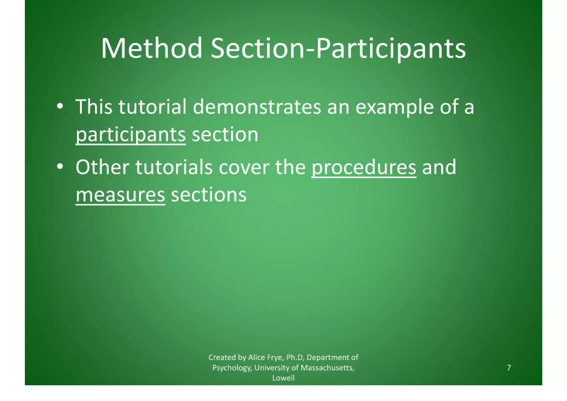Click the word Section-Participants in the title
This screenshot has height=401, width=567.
click(x=338, y=49)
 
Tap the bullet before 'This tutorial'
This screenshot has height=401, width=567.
click(x=59, y=107)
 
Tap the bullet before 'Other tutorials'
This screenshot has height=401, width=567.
click(x=59, y=167)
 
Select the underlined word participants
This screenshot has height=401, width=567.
click(x=131, y=135)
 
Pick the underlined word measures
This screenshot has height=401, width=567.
click(x=120, y=195)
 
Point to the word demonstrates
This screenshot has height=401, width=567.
click(x=257, y=107)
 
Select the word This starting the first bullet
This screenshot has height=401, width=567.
click(x=94, y=107)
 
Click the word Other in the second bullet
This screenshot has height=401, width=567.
click(x=102, y=167)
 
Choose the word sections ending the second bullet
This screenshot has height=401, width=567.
click(x=208, y=195)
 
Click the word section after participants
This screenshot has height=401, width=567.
click(x=225, y=135)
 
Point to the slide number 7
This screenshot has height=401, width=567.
click(x=509, y=367)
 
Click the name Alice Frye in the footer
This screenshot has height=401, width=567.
click(x=266, y=357)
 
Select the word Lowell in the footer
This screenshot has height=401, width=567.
click(x=283, y=378)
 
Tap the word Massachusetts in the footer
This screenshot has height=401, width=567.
click(x=327, y=368)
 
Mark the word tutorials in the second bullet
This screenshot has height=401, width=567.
click(x=174, y=167)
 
